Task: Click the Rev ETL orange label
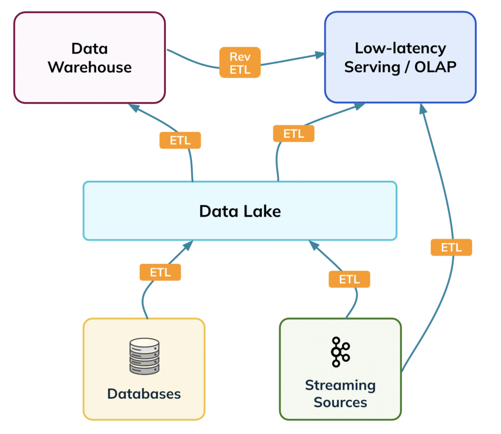coord(240,62)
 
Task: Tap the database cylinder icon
coord(144,356)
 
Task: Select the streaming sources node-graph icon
coord(341,352)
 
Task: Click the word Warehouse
coord(90,67)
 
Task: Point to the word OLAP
coord(435,67)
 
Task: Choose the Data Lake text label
coord(240,212)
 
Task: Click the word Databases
coord(144,394)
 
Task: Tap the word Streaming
coord(341,386)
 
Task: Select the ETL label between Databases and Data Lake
coord(160,272)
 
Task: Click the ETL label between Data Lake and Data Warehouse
coord(180,141)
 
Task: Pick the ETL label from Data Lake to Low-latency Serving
coord(294,134)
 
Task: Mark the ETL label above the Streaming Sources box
coord(349,279)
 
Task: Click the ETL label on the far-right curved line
coord(452,247)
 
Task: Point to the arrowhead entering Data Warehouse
coord(134,108)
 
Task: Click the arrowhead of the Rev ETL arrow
coord(320,55)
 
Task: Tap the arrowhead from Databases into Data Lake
coord(188,245)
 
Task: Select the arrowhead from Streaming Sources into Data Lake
coord(314,245)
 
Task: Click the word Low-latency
coord(400,48)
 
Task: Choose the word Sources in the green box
coord(341,402)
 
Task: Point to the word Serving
coord(372,68)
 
